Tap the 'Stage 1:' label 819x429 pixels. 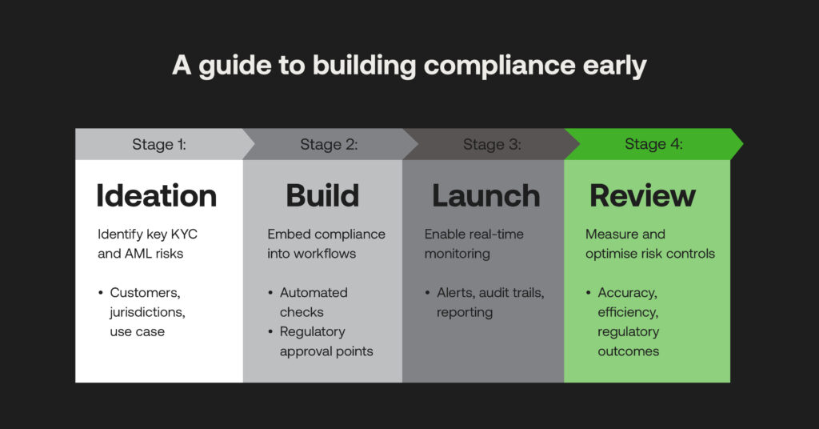(x=159, y=145)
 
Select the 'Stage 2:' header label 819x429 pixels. (x=329, y=145)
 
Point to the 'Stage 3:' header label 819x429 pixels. (x=492, y=145)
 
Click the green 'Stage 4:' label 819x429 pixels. (x=653, y=145)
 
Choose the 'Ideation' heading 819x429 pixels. (x=156, y=196)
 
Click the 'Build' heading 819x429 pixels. (x=323, y=196)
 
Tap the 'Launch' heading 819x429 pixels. (x=485, y=196)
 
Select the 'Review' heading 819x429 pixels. (x=642, y=196)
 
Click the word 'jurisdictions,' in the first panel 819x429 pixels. (x=147, y=311)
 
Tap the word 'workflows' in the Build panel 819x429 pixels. (x=314, y=254)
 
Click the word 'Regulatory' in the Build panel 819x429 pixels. (x=312, y=331)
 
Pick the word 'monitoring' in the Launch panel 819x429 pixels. (x=457, y=254)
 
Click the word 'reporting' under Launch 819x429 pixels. (x=465, y=311)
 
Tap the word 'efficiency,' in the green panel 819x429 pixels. (x=629, y=311)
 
